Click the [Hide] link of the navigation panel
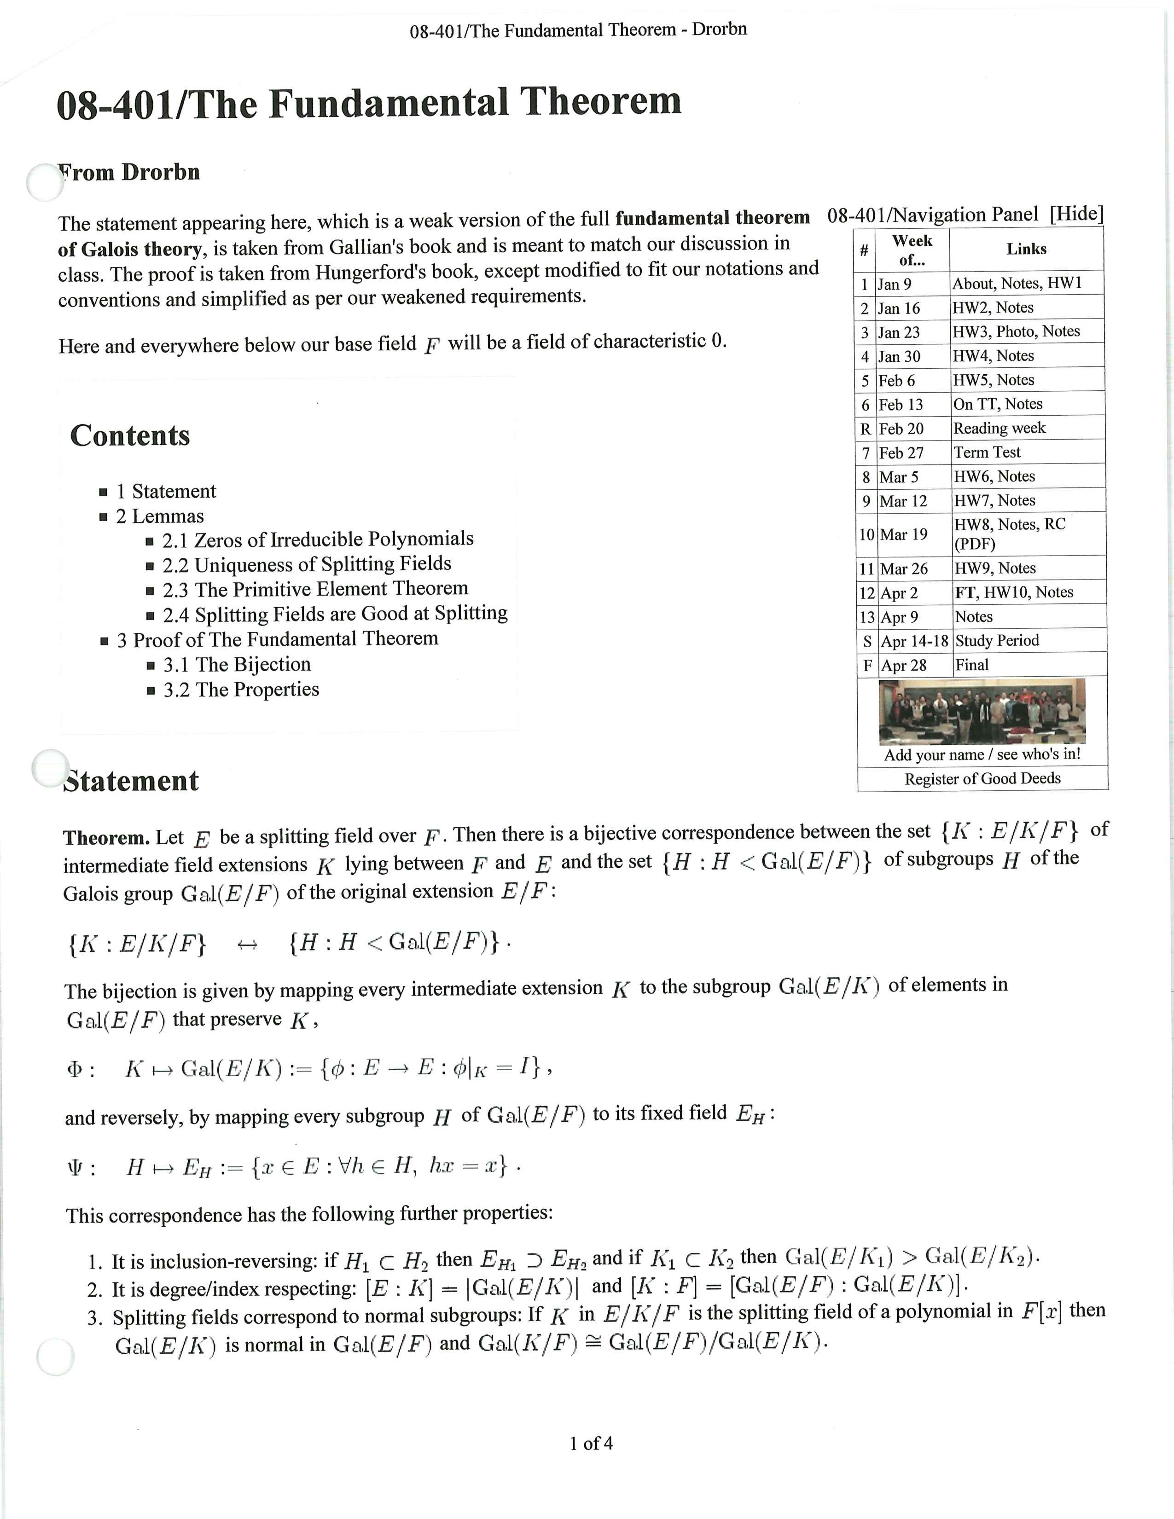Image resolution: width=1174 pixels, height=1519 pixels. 1076,214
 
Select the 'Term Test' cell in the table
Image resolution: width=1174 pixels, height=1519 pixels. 987,452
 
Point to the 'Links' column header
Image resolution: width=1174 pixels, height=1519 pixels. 1026,249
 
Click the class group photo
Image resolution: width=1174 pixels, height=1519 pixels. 982,711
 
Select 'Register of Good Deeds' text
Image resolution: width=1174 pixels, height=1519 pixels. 982,779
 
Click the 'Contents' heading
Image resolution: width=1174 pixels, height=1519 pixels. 130,436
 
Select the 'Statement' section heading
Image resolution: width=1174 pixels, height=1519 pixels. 131,781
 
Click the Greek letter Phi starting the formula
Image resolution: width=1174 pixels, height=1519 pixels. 75,1070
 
